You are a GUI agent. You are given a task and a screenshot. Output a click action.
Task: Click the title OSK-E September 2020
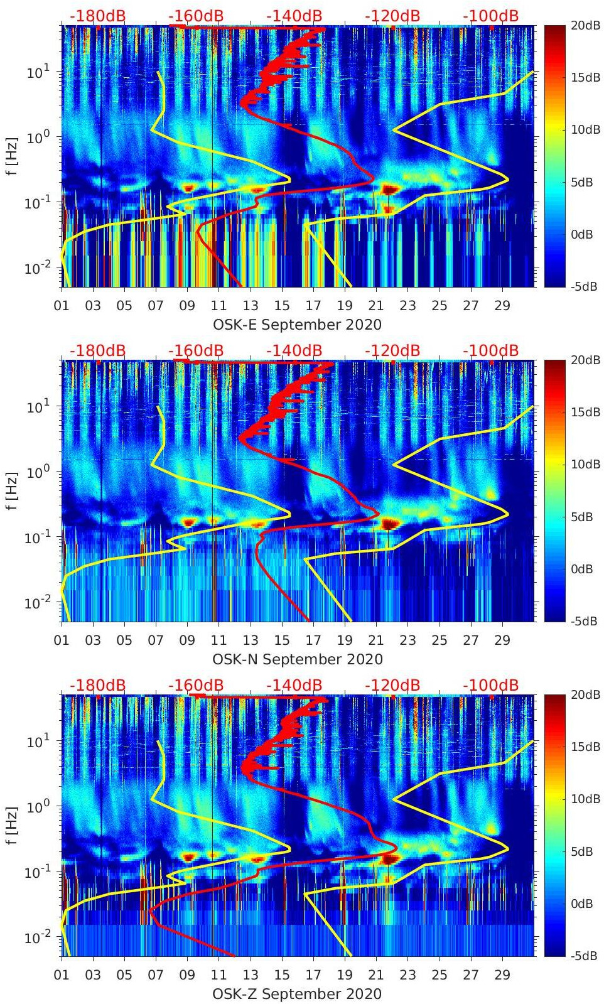(x=297, y=325)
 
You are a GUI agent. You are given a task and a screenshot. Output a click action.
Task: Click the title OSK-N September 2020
(x=297, y=659)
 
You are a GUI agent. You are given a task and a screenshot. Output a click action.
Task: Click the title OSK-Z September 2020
(x=297, y=994)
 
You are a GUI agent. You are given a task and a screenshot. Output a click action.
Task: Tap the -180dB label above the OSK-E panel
(x=97, y=16)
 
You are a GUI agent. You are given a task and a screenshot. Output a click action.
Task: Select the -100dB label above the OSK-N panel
(x=491, y=350)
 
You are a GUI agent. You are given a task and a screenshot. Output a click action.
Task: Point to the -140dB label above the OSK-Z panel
(x=294, y=685)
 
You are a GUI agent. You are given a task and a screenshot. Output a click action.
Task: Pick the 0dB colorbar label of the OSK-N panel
(x=581, y=569)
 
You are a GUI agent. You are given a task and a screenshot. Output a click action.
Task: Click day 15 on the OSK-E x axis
(x=282, y=306)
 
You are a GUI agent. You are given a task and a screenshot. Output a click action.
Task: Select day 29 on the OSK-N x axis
(x=502, y=640)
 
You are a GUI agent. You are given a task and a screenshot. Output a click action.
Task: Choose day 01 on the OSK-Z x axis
(x=62, y=975)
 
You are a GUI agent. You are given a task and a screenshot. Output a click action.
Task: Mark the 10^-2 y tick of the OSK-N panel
(x=37, y=603)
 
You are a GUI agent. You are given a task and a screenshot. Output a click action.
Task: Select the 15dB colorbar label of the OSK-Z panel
(x=584, y=747)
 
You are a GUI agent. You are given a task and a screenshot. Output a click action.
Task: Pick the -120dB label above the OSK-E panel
(x=392, y=16)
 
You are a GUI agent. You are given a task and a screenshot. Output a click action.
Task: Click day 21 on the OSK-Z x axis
(x=376, y=975)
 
